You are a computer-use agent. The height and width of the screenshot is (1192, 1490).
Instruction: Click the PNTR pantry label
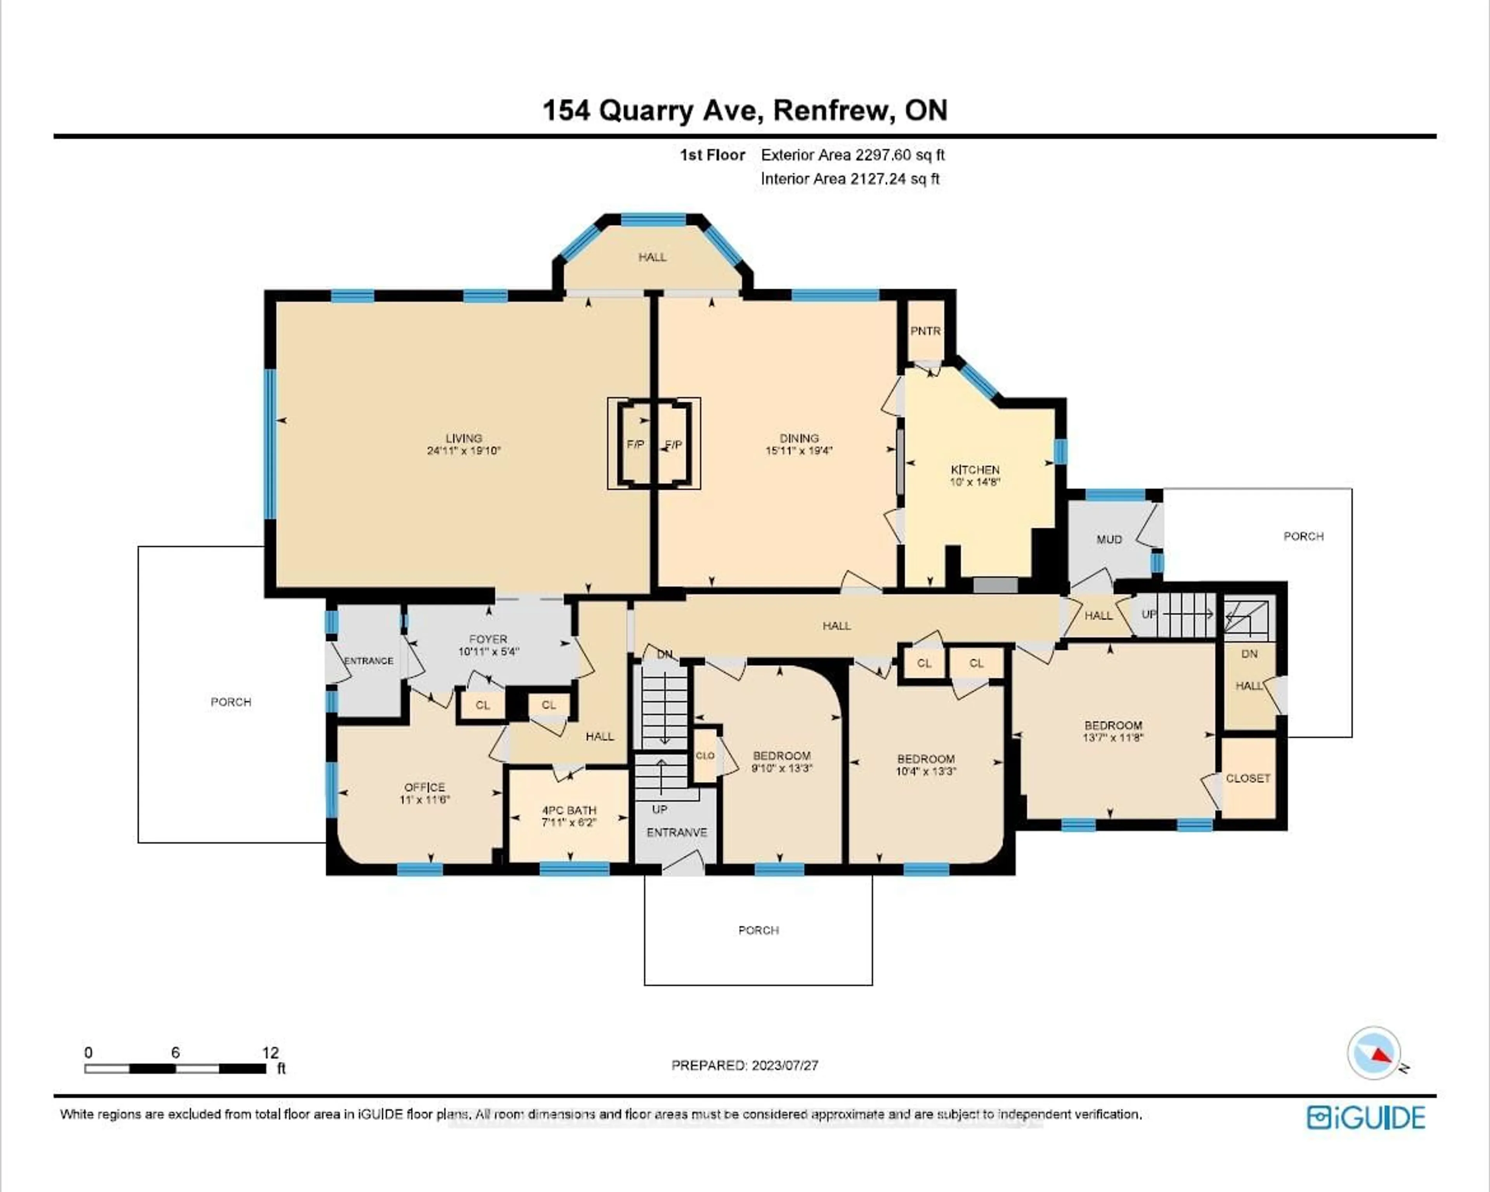[x=925, y=331]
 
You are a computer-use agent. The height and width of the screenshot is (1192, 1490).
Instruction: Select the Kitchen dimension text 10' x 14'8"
[x=975, y=482]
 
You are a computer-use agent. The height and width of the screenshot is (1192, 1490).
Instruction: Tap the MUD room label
[x=1109, y=540]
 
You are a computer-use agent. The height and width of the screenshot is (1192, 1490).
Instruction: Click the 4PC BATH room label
[x=569, y=810]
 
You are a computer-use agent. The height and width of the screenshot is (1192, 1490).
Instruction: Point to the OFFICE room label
[x=424, y=787]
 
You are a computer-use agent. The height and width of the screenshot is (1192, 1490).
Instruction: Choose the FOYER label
[x=488, y=639]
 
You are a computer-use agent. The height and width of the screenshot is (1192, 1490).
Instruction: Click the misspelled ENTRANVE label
[x=677, y=833]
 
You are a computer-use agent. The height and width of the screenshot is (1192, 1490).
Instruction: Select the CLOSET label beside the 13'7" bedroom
[x=1248, y=778]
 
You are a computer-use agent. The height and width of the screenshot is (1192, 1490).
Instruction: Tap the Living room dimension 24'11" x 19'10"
[x=464, y=451]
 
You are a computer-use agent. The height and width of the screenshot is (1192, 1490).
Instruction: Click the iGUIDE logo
[x=1366, y=1118]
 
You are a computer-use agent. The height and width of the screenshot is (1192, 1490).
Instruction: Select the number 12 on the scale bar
[x=270, y=1052]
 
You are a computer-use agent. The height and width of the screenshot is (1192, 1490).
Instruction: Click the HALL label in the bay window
[x=652, y=257]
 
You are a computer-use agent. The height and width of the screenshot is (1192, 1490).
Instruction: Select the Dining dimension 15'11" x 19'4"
[x=799, y=451]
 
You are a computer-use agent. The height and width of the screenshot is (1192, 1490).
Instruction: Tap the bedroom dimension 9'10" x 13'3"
[x=781, y=768]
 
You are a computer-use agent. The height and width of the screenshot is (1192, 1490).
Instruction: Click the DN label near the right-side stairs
[x=1249, y=654]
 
